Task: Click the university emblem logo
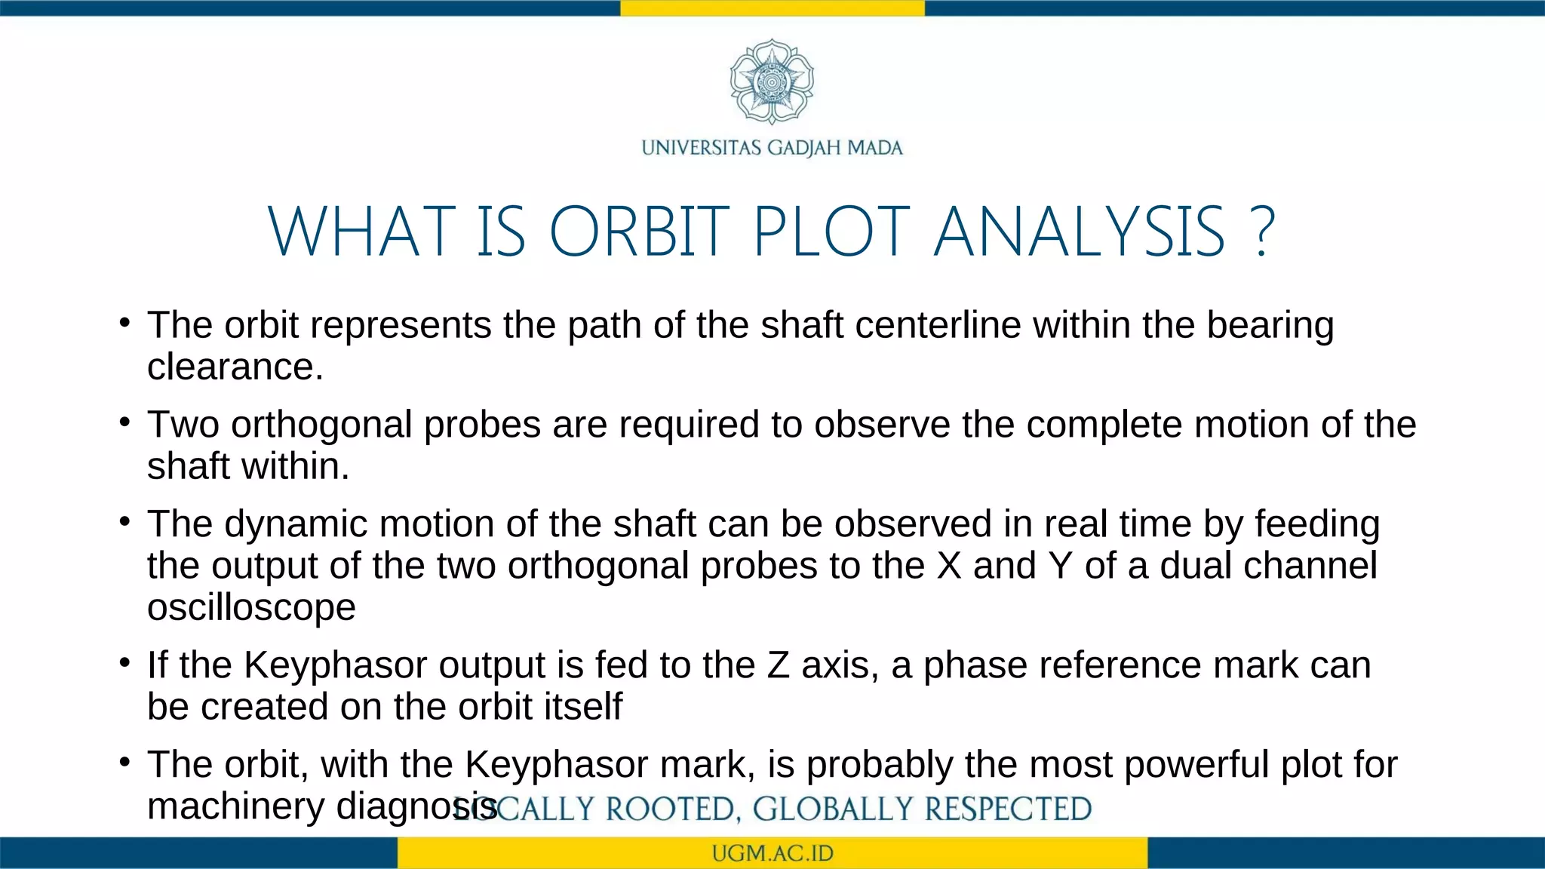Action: tap(772, 81)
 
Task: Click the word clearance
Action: tap(235, 367)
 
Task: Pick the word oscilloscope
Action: tap(251, 607)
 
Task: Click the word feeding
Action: tap(1316, 525)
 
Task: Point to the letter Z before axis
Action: tap(778, 666)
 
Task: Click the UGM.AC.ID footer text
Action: tap(772, 854)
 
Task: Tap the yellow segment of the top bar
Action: tap(772, 8)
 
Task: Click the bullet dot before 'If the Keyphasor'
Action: tap(125, 664)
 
